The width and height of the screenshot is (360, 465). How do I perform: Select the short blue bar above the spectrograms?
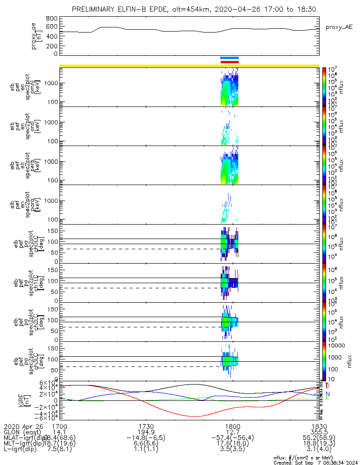point(229,58)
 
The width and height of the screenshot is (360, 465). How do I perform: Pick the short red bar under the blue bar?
point(229,62)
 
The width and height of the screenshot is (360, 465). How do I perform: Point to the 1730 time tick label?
point(146,426)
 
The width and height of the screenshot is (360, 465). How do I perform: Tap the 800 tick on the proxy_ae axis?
point(52,18)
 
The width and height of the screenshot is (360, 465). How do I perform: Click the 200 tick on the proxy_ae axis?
point(52,46)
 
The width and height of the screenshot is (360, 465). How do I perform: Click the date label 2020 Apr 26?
point(23,426)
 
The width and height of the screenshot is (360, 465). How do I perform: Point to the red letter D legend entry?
point(328,386)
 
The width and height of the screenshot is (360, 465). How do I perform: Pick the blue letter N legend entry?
point(328,393)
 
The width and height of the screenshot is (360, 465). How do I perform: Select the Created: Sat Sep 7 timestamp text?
point(316,462)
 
